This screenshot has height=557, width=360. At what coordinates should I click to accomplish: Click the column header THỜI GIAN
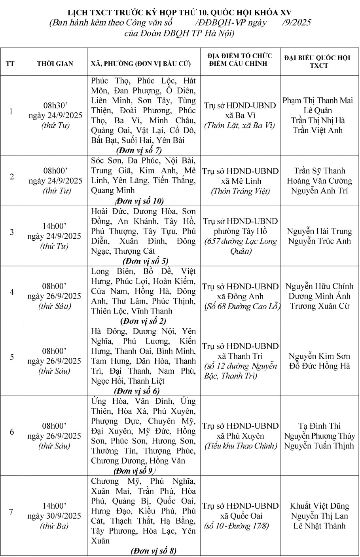tap(55, 64)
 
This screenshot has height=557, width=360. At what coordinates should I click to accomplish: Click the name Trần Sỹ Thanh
tap(319, 171)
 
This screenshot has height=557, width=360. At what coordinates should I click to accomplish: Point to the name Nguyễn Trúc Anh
tap(319, 241)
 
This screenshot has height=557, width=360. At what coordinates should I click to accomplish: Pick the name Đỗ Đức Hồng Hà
tap(319, 366)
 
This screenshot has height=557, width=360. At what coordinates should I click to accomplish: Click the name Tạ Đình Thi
tap(319, 426)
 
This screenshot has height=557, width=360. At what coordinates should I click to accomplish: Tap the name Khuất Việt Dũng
tap(319, 506)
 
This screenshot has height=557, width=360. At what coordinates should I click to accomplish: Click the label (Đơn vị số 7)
tap(139, 150)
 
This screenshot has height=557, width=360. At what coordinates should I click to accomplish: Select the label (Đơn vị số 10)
tap(139, 201)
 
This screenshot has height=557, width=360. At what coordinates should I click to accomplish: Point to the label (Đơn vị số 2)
tap(143, 321)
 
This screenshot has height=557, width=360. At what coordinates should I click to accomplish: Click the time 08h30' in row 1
tap(55, 105)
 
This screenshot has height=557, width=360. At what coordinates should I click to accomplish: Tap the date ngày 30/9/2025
tap(55, 516)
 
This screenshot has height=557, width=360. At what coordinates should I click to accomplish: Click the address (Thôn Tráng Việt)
tap(241, 191)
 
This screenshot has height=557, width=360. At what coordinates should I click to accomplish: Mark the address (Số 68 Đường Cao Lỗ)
tap(242, 306)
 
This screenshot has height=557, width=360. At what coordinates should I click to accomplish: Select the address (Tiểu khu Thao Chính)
tap(241, 446)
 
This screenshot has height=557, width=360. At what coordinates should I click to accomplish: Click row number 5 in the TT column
tap(12, 357)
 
